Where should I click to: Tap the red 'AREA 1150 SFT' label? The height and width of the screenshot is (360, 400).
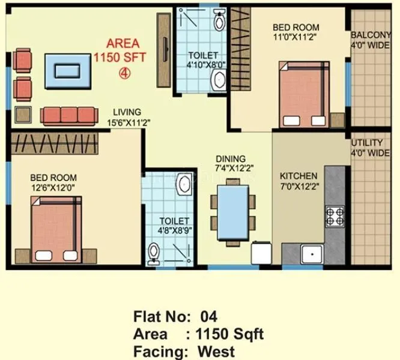[123, 50]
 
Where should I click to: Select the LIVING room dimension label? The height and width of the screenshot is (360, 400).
[124, 117]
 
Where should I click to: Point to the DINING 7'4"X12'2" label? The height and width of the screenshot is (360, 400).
[231, 164]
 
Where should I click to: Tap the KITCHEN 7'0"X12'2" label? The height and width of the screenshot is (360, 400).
[298, 181]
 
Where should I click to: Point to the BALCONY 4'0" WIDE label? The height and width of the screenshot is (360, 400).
[371, 39]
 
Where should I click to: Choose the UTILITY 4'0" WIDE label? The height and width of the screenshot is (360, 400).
[371, 148]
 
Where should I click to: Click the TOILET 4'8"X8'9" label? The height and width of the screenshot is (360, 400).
[174, 226]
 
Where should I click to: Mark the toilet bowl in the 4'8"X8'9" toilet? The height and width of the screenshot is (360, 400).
[154, 253]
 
